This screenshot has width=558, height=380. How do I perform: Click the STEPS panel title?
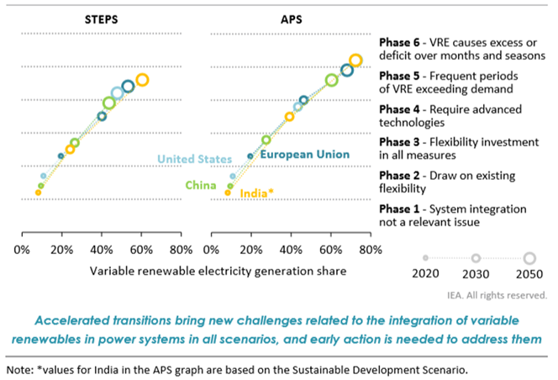(x=101, y=19)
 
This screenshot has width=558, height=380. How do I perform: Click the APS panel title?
(x=291, y=19)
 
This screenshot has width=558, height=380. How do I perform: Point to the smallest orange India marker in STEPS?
(x=38, y=193)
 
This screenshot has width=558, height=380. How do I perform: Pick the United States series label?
(x=194, y=159)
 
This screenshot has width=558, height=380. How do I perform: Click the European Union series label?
(x=304, y=154)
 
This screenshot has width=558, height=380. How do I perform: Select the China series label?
(x=201, y=185)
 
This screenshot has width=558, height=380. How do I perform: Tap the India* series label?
(x=256, y=193)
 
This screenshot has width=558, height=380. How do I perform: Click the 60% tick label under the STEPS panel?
(x=141, y=250)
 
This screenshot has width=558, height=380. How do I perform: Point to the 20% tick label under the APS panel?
(x=251, y=250)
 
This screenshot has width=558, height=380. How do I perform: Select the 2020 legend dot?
(x=425, y=258)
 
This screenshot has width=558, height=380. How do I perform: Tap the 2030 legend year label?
(x=476, y=274)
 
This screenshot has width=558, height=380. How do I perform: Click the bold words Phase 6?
(x=399, y=43)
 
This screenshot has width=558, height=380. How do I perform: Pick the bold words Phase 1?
(x=399, y=209)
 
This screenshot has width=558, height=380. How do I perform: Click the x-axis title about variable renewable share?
(x=218, y=272)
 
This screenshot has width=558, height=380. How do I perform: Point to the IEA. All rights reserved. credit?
(x=497, y=295)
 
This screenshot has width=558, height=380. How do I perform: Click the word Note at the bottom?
(x=20, y=370)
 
